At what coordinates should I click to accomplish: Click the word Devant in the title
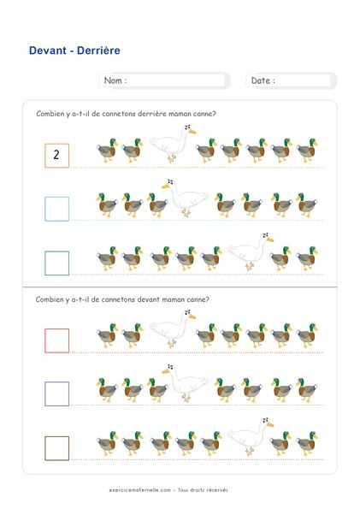click(48, 50)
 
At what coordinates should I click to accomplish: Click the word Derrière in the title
click(98, 50)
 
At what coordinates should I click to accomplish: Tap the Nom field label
click(115, 80)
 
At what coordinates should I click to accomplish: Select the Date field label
click(263, 80)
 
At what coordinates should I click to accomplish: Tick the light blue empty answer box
click(45, 209)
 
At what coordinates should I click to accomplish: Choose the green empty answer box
click(45, 263)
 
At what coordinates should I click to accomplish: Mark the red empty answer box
click(45, 340)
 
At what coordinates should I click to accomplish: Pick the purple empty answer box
click(45, 394)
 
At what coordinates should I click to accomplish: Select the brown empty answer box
click(45, 448)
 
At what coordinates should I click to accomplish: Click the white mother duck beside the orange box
click(172, 143)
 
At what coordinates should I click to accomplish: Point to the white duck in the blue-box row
click(186, 198)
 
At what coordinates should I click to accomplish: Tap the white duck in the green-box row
click(250, 252)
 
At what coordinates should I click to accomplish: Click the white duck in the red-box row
click(172, 328)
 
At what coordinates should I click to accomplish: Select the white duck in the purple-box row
click(186, 382)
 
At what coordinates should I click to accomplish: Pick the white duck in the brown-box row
click(250, 436)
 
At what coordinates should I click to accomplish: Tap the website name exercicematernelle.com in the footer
click(140, 490)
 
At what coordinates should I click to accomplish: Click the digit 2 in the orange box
click(56, 155)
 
